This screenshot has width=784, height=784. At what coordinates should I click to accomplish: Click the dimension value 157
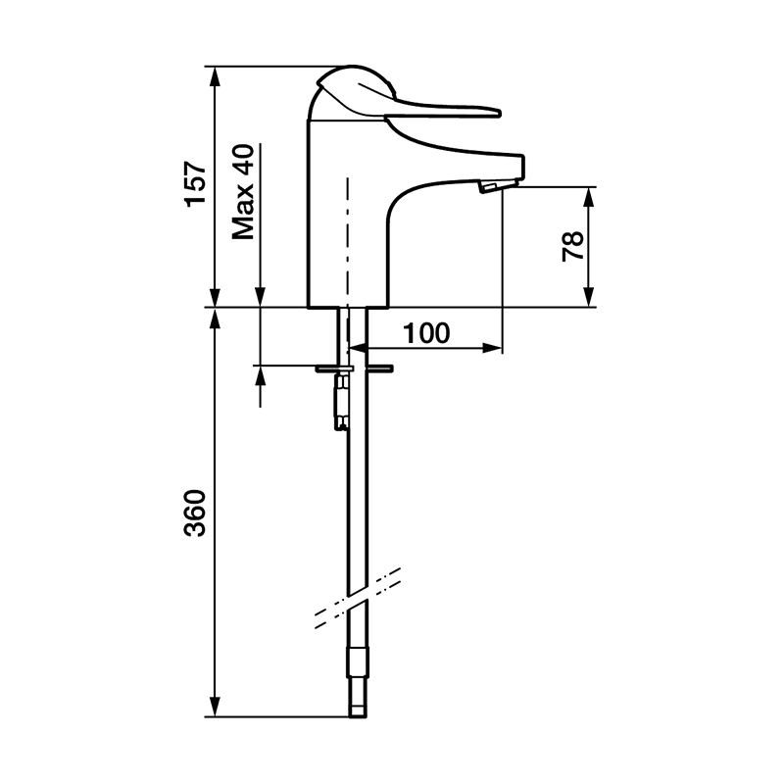click(x=195, y=183)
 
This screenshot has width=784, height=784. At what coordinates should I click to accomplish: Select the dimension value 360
click(x=195, y=514)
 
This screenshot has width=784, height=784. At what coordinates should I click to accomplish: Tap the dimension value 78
click(x=573, y=245)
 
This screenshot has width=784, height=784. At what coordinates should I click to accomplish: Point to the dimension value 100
click(x=426, y=333)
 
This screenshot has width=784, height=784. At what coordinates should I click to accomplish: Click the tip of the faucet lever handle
click(x=499, y=113)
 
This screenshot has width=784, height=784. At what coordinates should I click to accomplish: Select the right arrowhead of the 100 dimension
click(x=492, y=348)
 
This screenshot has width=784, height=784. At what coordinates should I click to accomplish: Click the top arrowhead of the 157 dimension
click(x=215, y=76)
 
